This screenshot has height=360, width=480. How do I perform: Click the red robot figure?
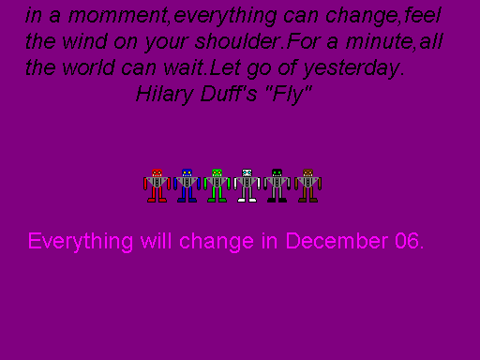pyautogui.click(x=157, y=186)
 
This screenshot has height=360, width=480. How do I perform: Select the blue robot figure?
pyautogui.click(x=187, y=186)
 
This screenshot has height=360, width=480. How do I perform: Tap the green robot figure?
pyautogui.click(x=217, y=186)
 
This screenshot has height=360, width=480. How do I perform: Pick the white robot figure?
pyautogui.click(x=247, y=186)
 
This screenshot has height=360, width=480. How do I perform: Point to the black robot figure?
pyautogui.click(x=277, y=186)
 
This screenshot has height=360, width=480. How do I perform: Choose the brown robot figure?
pyautogui.click(x=307, y=186)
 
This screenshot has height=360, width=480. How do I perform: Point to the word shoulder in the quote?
pyautogui.click(x=247, y=42)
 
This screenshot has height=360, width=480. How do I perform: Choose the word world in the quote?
pyautogui.click(x=80, y=68)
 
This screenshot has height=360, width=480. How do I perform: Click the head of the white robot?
pyautogui.click(x=247, y=173)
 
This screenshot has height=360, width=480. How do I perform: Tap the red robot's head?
pyautogui.click(x=157, y=173)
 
